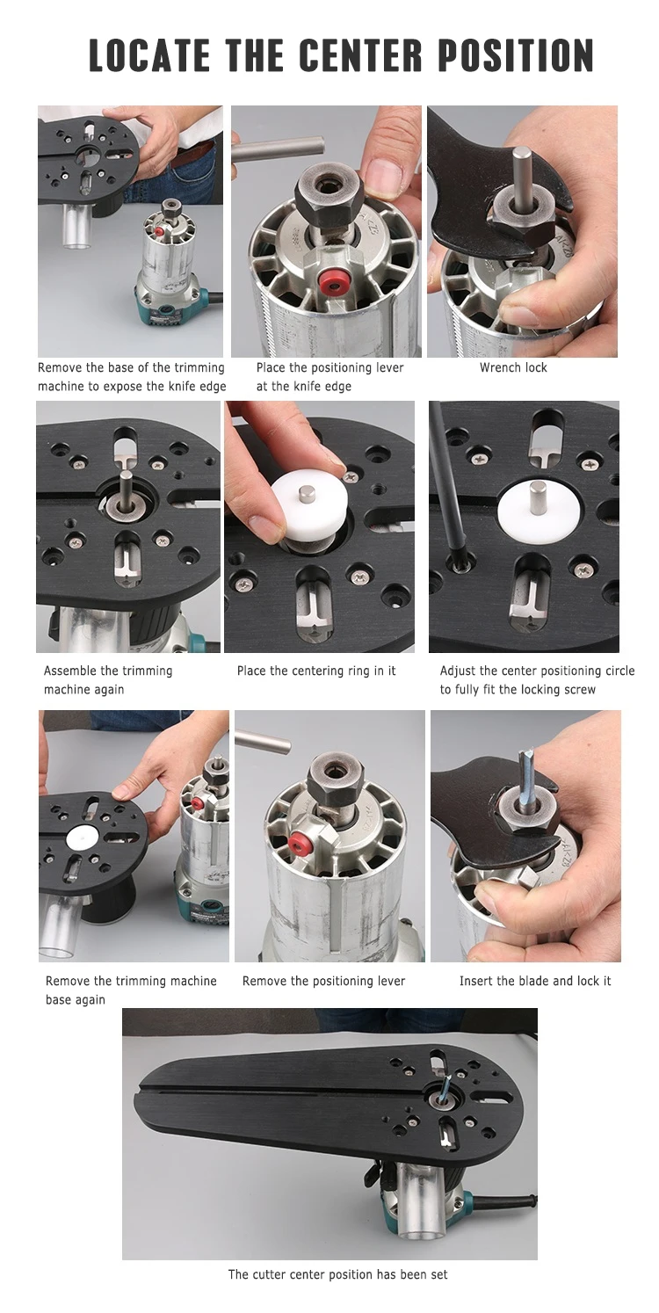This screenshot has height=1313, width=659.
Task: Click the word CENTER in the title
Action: (x=360, y=55)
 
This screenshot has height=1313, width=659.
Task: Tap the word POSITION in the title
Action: (x=516, y=55)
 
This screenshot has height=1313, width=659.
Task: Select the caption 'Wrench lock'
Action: (x=513, y=367)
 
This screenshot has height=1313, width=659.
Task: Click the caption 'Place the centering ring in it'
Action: (x=316, y=671)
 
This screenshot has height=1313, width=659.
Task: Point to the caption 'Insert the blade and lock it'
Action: (x=535, y=981)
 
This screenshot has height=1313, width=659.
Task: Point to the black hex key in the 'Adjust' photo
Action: (x=443, y=481)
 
